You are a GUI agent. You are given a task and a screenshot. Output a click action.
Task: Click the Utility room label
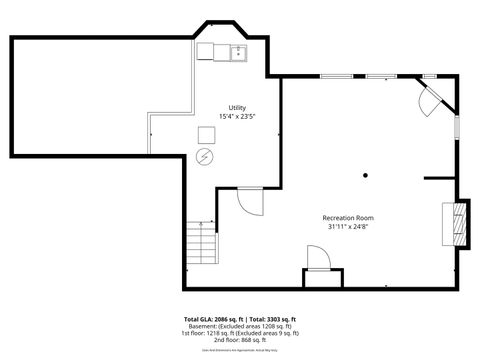(236, 106)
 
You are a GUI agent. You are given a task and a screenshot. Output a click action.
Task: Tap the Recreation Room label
(347, 218)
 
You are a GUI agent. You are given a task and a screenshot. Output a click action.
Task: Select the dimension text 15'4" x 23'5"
(236, 116)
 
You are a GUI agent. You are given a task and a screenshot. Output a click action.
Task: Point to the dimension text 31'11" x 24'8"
(347, 227)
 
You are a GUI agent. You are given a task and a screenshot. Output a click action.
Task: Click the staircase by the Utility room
(203, 239)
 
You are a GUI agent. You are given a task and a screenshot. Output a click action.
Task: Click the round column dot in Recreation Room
(365, 176)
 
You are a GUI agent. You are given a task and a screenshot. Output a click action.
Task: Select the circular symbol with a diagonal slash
(206, 157)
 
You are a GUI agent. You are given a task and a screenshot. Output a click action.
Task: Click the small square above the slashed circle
(206, 135)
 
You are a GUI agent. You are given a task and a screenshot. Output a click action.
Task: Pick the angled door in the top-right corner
(431, 97)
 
